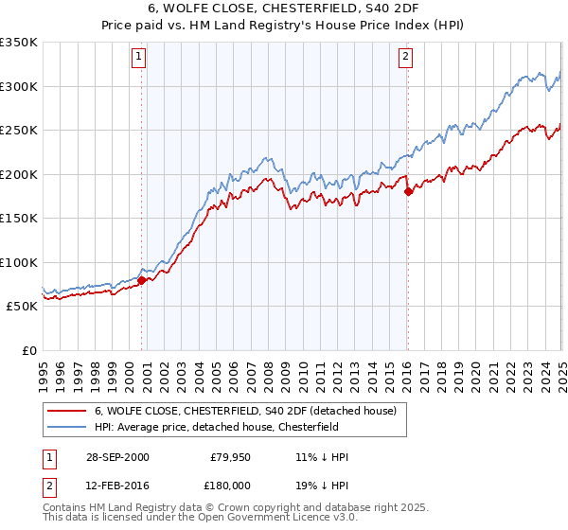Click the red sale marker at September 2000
tap(141, 280)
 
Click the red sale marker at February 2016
tap(408, 191)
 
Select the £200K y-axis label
tap(19, 174)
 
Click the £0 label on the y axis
tap(28, 350)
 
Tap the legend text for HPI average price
tap(236, 427)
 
